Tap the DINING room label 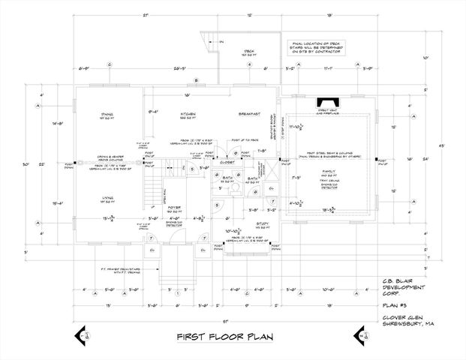tap(107, 115)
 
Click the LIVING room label tap(107, 198)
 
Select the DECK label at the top tap(250, 51)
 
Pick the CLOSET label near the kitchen tap(228, 162)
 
